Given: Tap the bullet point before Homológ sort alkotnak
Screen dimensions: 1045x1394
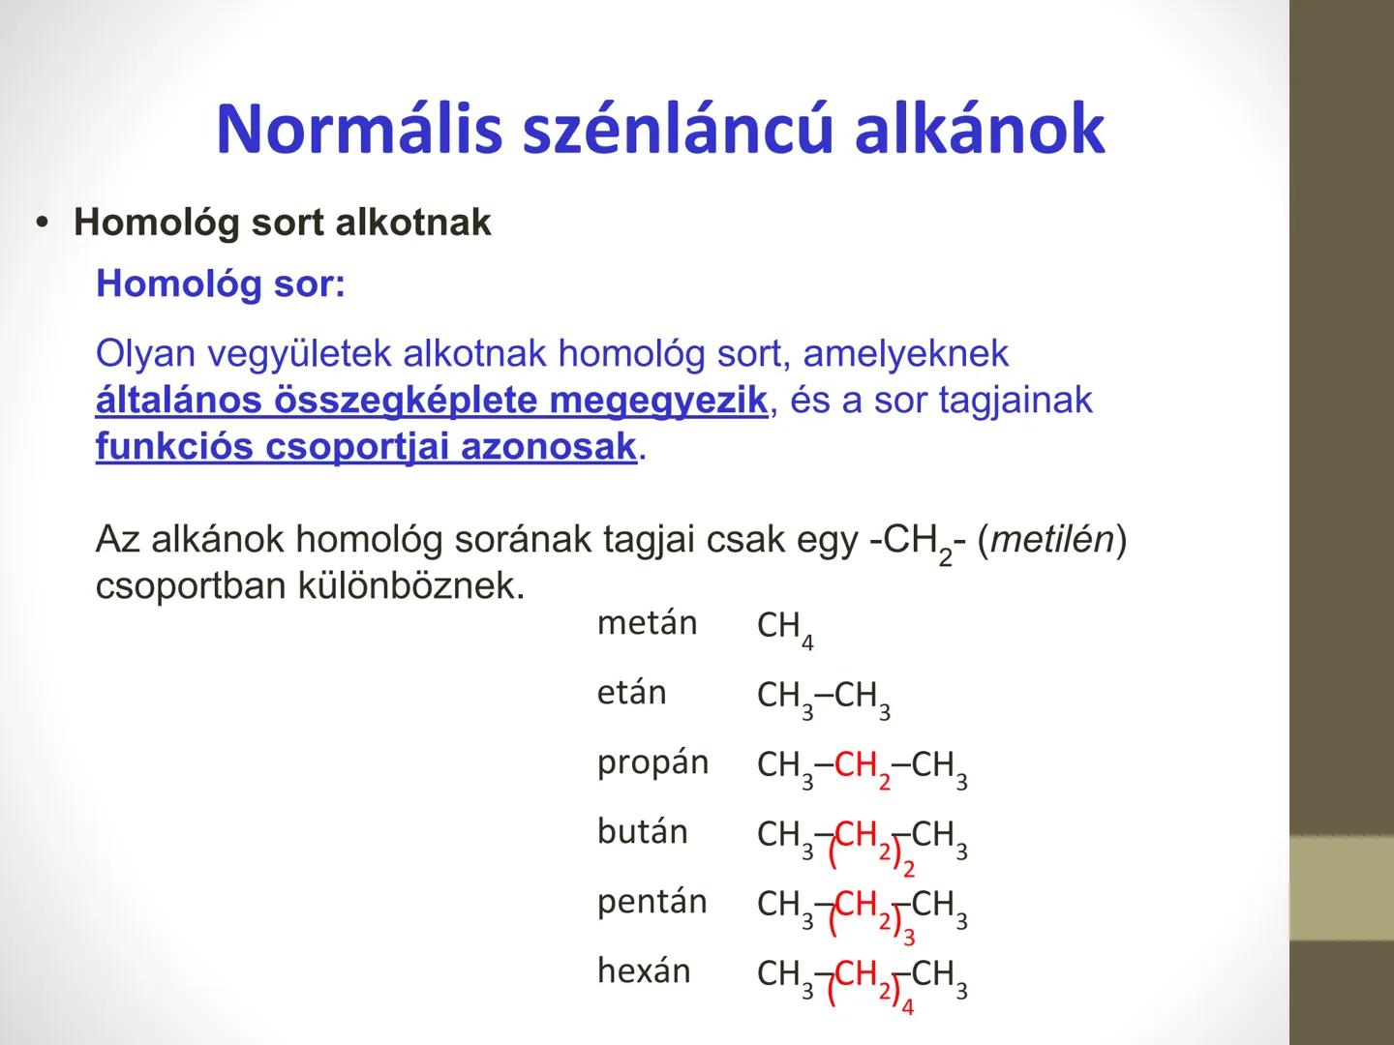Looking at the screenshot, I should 41,224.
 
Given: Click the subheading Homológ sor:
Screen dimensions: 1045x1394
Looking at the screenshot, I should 220,284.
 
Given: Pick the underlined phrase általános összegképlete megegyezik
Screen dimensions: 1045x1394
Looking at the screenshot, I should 431,401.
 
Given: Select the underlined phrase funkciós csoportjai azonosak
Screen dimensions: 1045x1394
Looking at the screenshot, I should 366,447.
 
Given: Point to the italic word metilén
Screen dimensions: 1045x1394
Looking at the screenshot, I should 1052,540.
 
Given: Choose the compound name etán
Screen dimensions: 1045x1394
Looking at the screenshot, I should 631,694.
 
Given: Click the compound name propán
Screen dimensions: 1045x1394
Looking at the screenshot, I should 652,763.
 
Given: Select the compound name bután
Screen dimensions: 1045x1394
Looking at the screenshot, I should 642,832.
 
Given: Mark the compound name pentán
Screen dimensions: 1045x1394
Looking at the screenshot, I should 652,902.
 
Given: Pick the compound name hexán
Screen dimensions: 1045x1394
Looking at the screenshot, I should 644,971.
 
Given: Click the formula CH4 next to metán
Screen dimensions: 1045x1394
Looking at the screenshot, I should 785,628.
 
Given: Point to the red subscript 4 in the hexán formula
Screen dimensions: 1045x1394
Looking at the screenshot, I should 907,1007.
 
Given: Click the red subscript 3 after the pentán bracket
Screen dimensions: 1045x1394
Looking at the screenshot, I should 908,937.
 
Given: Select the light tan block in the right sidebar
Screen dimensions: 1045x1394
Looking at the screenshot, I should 1341,887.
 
